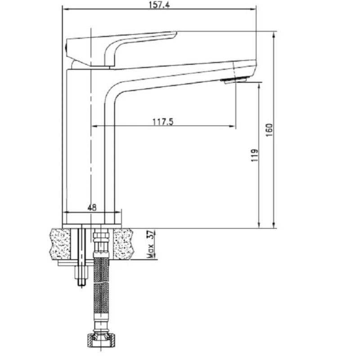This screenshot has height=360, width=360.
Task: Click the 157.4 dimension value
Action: [x=159, y=4]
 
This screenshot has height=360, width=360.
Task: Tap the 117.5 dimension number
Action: [x=163, y=121]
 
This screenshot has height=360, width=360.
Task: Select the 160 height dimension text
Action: [x=269, y=130]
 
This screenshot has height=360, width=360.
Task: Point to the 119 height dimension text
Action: [x=254, y=155]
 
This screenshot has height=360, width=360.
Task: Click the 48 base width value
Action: [x=92, y=207]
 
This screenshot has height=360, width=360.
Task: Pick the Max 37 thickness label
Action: [x=150, y=244]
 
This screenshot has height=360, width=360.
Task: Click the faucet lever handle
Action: [x=119, y=47]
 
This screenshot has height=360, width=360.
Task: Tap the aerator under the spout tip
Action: [x=234, y=81]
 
